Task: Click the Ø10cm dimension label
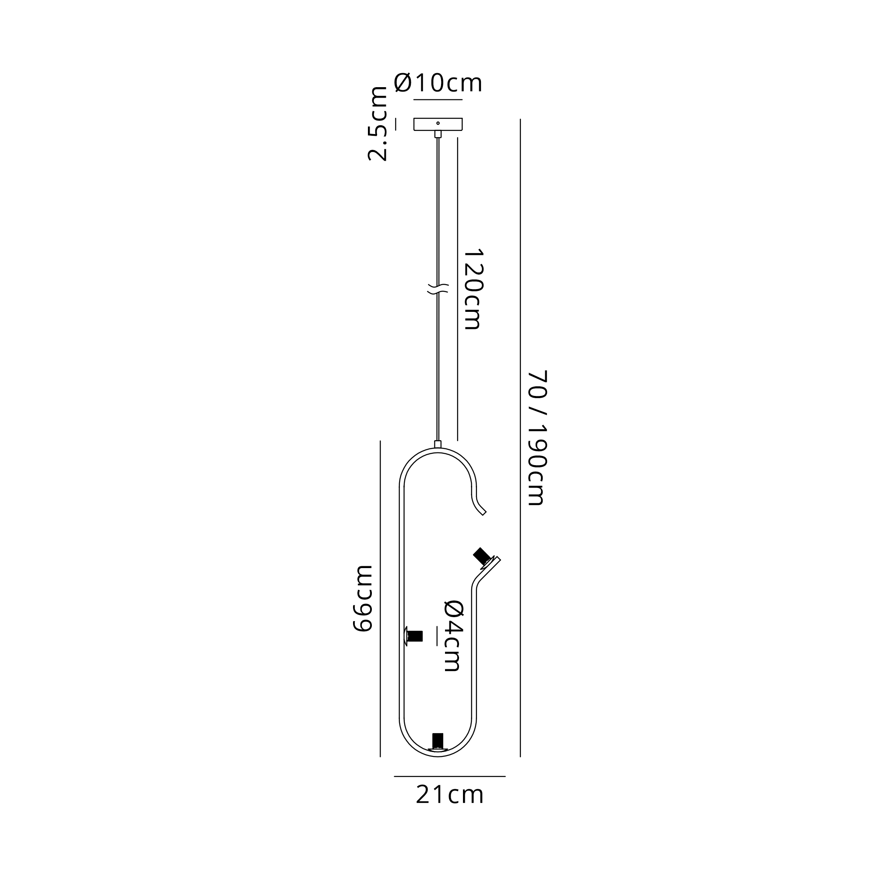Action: click(x=438, y=82)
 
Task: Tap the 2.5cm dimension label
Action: click(x=377, y=124)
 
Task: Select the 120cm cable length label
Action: click(x=473, y=289)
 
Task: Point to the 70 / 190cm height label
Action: click(x=539, y=438)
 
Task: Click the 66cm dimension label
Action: click(x=362, y=598)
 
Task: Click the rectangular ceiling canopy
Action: click(x=438, y=124)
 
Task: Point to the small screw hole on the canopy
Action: click(x=438, y=123)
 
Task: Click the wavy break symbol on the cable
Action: click(x=438, y=289)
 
